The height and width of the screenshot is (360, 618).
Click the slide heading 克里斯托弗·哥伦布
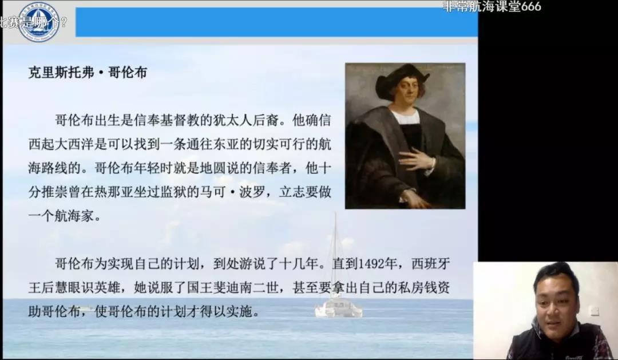[88, 73]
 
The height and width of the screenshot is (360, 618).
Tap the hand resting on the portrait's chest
[417, 160]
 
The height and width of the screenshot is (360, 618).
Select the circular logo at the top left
[39, 21]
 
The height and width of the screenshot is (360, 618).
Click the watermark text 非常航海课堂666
[492, 6]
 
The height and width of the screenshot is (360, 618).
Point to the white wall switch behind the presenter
[594, 311]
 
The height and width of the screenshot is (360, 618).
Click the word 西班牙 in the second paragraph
[430, 263]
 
